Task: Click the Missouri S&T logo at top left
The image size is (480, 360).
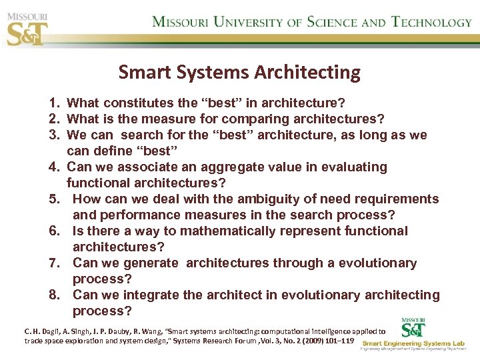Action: (27, 27)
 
